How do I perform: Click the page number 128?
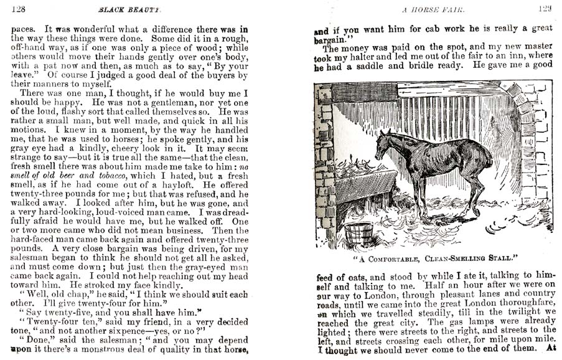(18, 9)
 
